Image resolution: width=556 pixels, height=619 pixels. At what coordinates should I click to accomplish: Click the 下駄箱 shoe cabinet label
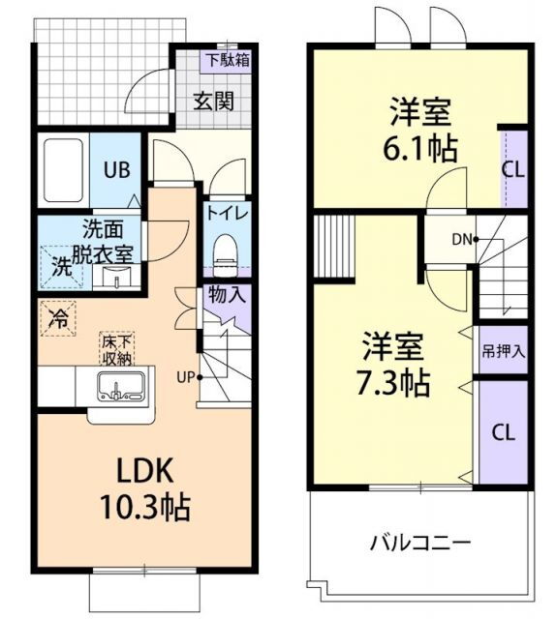[x=227, y=59]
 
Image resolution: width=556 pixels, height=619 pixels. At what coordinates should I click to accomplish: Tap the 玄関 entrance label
[x=212, y=102]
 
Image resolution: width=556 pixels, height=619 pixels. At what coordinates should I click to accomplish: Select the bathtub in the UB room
[x=64, y=170]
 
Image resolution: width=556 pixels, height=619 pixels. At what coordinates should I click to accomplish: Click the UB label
[x=117, y=168]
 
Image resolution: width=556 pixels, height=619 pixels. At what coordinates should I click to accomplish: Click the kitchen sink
[x=121, y=387]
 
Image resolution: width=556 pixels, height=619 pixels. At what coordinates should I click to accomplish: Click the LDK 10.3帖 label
[x=145, y=488]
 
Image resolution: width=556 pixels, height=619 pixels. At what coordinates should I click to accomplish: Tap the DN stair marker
[x=462, y=238]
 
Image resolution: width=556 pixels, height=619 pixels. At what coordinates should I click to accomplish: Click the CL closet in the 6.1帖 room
[x=513, y=168]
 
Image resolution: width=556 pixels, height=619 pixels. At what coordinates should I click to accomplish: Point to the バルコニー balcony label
[x=420, y=542]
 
